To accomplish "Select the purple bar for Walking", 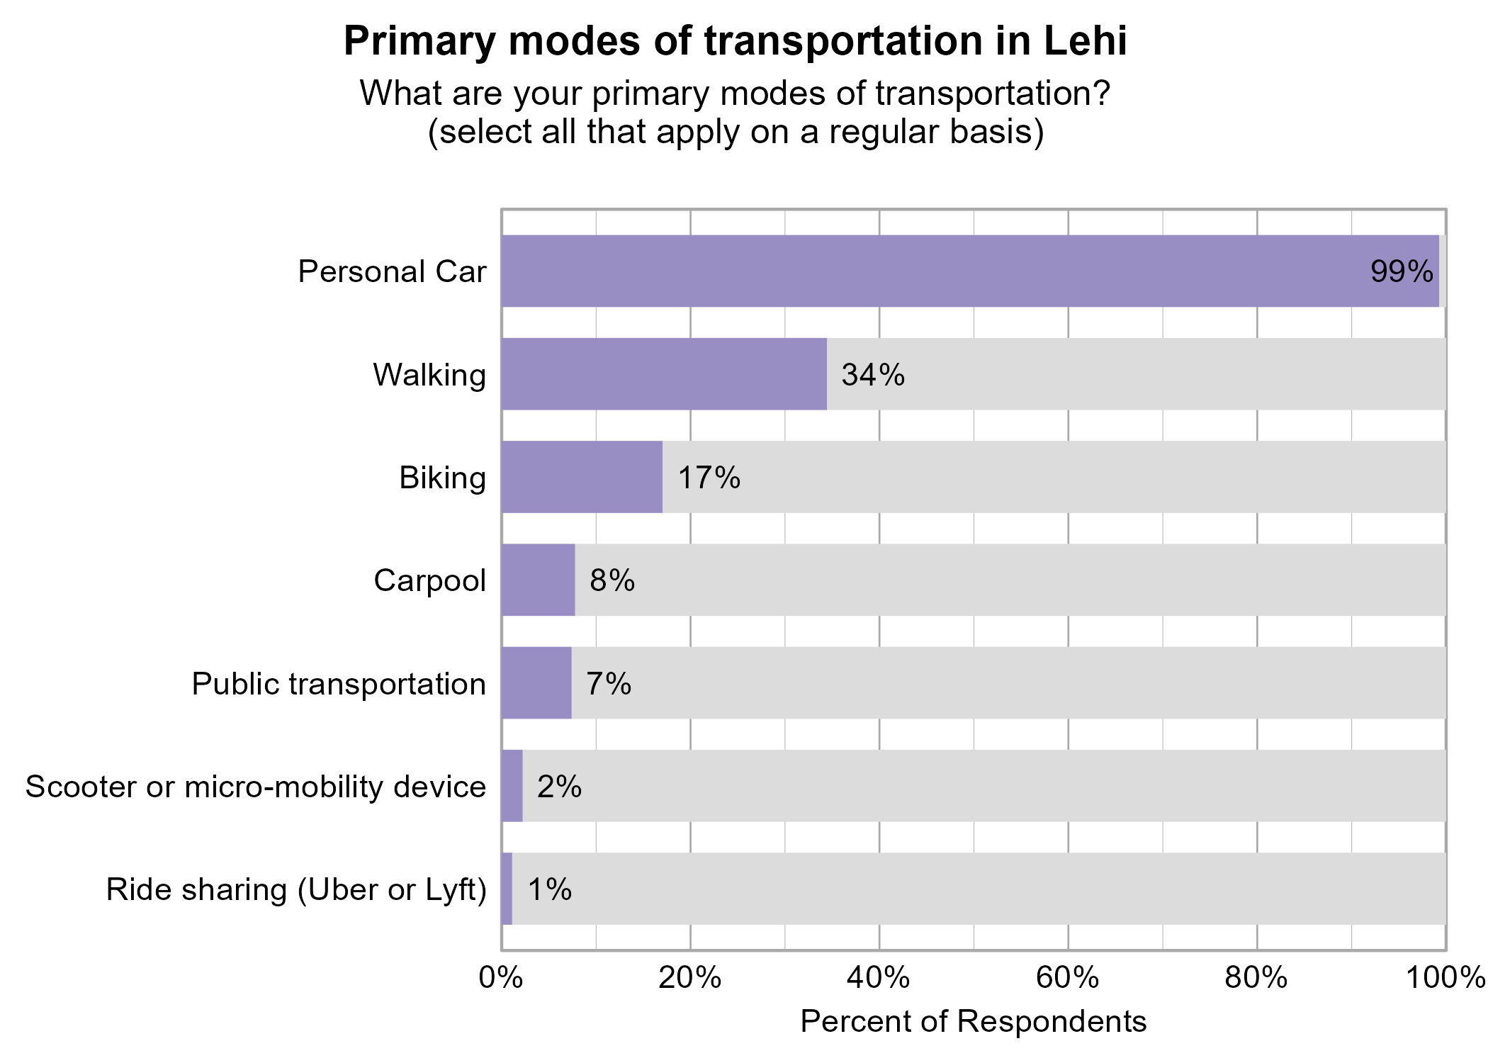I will tap(664, 374).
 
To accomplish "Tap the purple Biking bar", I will tap(582, 477).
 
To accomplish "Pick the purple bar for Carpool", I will tap(538, 580).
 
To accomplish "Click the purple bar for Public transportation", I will tap(536, 683).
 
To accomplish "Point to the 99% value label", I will tap(1402, 271).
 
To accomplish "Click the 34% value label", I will tap(872, 375).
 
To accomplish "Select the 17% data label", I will tap(709, 478).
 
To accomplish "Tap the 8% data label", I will tap(612, 580).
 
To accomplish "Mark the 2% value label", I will tap(559, 787).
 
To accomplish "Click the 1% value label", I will tap(550, 889).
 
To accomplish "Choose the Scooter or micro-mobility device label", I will tap(255, 787).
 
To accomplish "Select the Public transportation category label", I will tap(339, 684).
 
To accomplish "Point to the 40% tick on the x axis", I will tap(879, 979).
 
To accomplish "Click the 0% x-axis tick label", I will tap(501, 979).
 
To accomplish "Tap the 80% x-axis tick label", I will tap(1256, 979).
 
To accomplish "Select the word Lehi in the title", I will tap(1084, 41).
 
